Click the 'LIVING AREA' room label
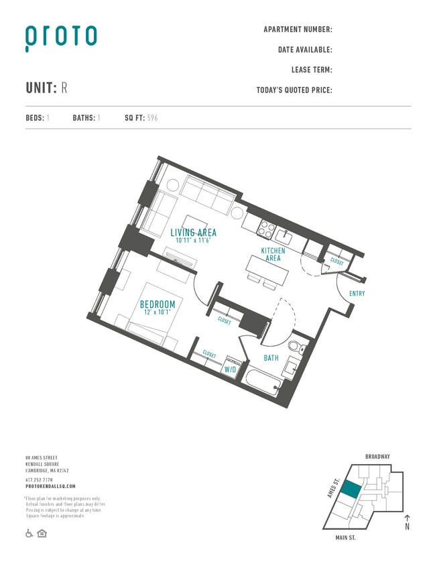coord(193,233)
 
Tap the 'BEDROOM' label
coord(158,304)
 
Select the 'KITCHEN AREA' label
coord(273,254)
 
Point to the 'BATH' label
coord(271,358)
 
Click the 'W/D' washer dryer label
coord(230,370)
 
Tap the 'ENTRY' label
coord(357,294)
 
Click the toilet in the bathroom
coord(296,347)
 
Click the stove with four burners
coord(267,228)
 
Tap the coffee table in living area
coord(195,223)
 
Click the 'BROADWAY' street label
coord(377,457)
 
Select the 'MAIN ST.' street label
coord(349,537)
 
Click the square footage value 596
coord(152,118)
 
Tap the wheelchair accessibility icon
coord(29,533)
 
